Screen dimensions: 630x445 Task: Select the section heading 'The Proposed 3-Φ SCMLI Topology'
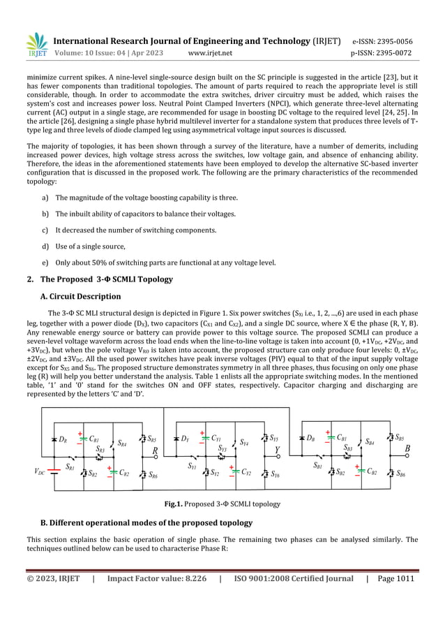point(105,279)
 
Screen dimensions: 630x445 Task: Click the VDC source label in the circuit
point(39,472)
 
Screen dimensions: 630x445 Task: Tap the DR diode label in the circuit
point(63,440)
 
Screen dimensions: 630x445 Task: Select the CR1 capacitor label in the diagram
point(93,439)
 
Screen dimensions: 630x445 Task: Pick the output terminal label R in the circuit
point(155,450)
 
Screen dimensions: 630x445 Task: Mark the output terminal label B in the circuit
point(407,450)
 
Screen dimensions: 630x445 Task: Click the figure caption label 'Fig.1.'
point(174,504)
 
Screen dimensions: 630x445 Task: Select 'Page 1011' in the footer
point(395,579)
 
